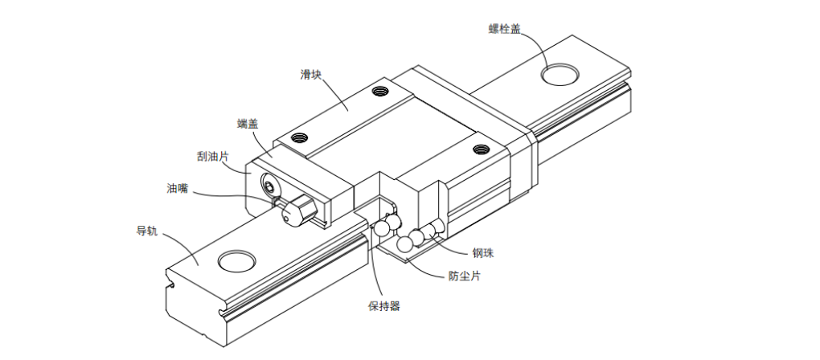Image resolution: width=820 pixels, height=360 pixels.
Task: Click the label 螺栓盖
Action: (505, 30)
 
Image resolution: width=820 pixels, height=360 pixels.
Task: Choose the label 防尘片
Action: (464, 276)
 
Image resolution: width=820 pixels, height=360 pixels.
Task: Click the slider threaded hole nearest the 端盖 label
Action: (301, 137)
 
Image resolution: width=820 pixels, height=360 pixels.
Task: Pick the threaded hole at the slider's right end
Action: (482, 149)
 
